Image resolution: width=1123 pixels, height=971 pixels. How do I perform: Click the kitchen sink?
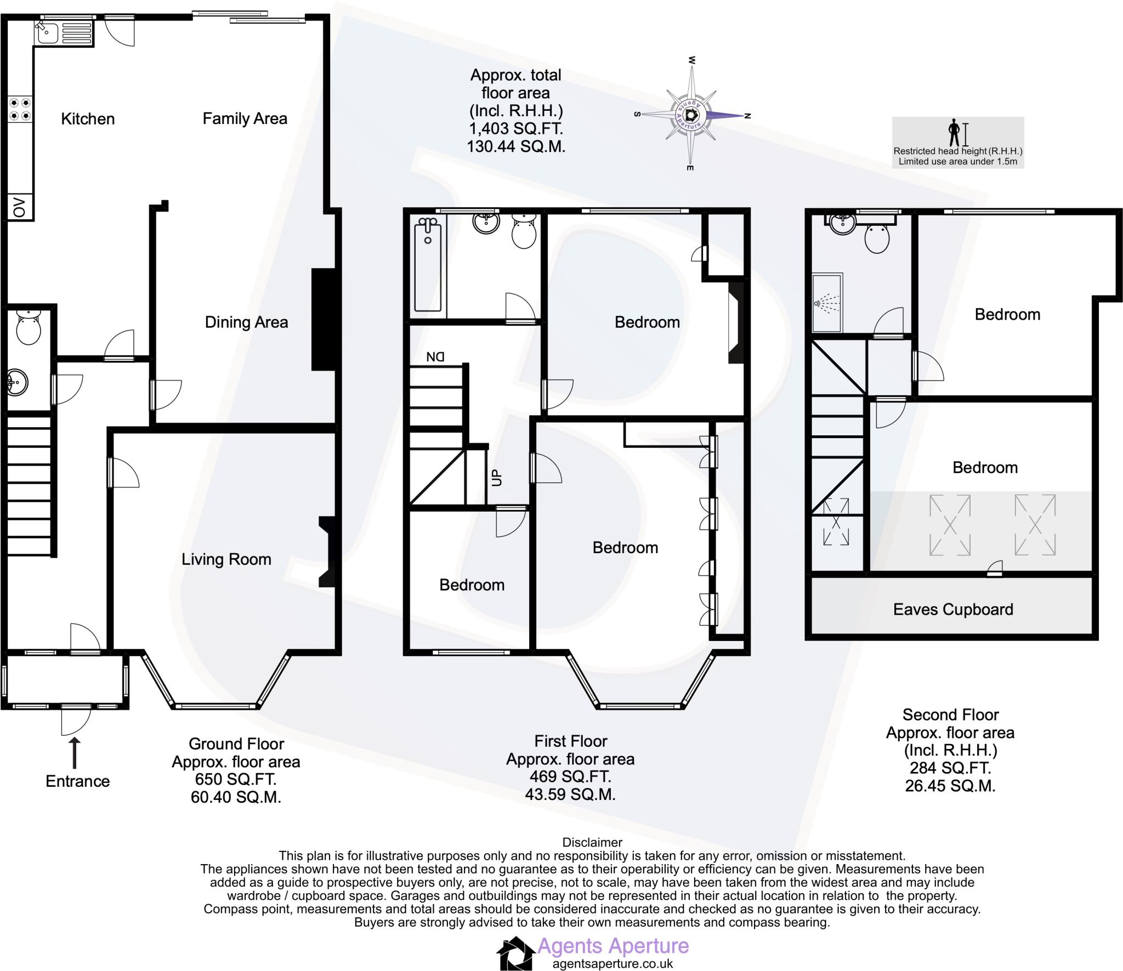pos(64,32)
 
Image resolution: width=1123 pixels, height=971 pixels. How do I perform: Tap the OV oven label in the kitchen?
pos(20,208)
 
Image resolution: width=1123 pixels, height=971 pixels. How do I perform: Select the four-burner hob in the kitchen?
pos(20,109)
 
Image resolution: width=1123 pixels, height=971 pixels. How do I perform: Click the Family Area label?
pos(245,118)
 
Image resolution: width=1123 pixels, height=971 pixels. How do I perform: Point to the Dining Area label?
pos(246,322)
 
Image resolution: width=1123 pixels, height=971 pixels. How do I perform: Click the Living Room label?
pos(226,559)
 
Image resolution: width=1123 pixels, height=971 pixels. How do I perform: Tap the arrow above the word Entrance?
pos(75,753)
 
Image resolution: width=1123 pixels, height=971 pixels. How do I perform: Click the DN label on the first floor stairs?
pos(435,357)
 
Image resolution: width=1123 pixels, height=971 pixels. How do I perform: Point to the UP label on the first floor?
pos(497,478)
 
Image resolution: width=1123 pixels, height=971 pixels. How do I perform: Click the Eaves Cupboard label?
pos(953,609)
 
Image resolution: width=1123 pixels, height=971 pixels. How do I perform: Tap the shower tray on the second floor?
pos(827,303)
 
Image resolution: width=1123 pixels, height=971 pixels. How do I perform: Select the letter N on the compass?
pos(747,115)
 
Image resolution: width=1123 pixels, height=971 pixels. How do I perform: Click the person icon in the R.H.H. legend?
pos(955,133)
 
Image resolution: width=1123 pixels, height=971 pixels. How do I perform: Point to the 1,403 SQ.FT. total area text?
pos(516,129)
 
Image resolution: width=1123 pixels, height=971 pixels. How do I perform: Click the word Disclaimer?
pos(592,842)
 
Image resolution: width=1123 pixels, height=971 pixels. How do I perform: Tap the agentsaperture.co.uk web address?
pos(612,964)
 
